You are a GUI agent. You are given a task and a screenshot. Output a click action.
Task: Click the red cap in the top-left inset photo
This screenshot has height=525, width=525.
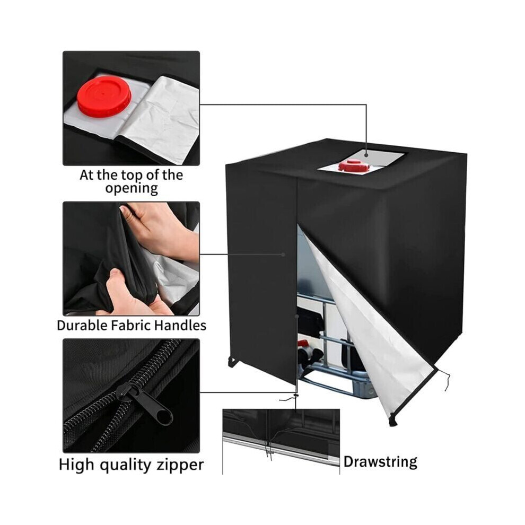pyautogui.click(x=104, y=96)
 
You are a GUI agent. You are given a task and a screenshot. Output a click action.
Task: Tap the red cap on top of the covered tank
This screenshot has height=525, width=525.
pyautogui.click(x=354, y=165)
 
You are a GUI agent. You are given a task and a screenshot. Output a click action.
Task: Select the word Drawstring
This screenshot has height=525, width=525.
pyautogui.click(x=380, y=462)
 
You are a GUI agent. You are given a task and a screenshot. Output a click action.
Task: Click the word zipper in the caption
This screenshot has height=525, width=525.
pyautogui.click(x=179, y=466)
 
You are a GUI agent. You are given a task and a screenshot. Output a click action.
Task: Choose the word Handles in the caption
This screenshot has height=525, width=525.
pyautogui.click(x=181, y=326)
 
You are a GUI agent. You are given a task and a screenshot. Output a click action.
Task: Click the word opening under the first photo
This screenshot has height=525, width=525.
pyautogui.click(x=132, y=188)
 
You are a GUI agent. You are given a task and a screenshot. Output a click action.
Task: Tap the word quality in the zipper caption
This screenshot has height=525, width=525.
pyautogui.click(x=126, y=466)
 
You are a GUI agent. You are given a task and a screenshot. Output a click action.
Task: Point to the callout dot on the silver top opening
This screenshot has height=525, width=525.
pyautogui.click(x=366, y=155)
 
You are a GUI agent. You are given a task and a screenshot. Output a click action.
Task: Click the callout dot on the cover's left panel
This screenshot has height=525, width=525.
pyautogui.click(x=283, y=255)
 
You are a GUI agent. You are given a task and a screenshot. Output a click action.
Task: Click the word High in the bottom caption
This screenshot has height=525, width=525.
pyautogui.click(x=77, y=465)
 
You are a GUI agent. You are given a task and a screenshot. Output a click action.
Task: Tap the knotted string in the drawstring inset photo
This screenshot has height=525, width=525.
pyautogui.click(x=268, y=450)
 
